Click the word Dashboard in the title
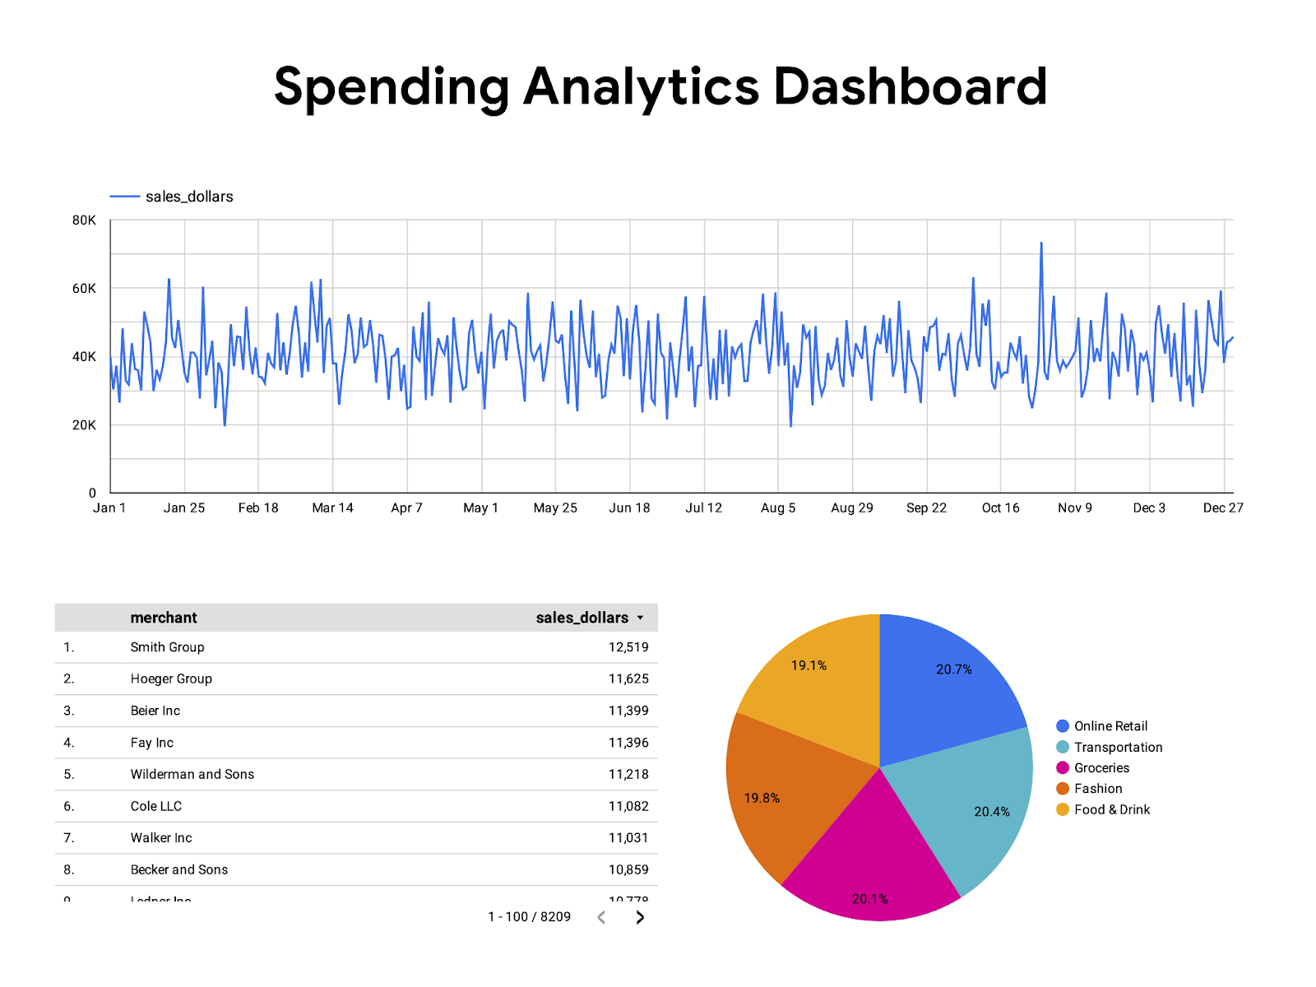(910, 86)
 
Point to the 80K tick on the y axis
(84, 220)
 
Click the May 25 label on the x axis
(555, 507)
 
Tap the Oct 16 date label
(1000, 507)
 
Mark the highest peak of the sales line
(1041, 243)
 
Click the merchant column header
(164, 618)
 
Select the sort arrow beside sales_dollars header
(641, 618)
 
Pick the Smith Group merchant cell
(167, 647)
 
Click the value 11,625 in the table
(628, 679)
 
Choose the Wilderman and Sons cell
(192, 774)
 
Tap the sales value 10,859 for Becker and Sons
(628, 869)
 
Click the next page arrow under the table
(640, 917)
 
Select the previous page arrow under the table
(601, 917)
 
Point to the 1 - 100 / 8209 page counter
(529, 917)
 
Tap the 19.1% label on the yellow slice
(809, 665)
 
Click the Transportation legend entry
(1118, 747)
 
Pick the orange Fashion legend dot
(1063, 789)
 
